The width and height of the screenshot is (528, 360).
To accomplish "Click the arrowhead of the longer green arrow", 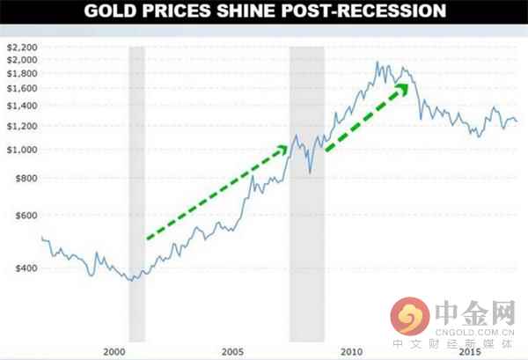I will pos(282,150).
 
